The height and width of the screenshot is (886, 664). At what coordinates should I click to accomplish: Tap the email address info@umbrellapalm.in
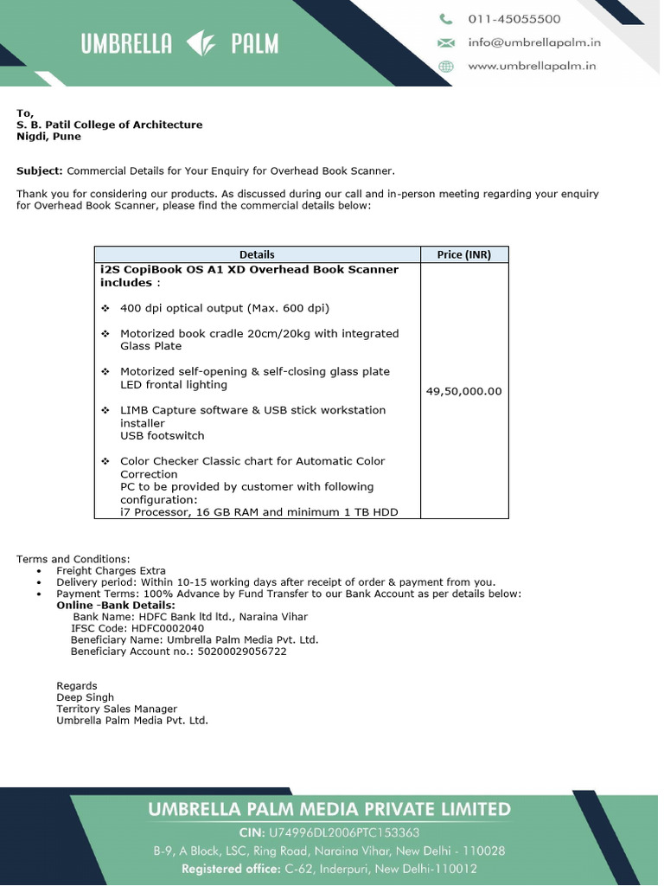[x=533, y=42]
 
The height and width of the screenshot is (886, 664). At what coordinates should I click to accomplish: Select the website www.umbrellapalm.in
[x=532, y=66]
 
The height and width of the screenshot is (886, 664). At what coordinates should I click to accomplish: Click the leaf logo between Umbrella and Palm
[x=201, y=44]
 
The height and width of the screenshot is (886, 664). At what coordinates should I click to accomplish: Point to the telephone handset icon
[x=446, y=19]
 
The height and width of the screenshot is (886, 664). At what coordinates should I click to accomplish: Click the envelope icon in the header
[x=446, y=42]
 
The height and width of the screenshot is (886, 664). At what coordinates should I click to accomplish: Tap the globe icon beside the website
[x=446, y=66]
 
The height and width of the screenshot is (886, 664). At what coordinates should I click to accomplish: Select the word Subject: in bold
[x=40, y=171]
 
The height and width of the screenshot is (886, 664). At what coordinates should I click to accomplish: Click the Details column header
[x=257, y=254]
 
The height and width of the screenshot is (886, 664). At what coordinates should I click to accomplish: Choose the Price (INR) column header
[x=463, y=254]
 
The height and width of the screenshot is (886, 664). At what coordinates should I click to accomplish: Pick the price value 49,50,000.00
[x=463, y=391]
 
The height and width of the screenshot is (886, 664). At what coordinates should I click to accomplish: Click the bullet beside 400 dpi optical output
[x=105, y=308]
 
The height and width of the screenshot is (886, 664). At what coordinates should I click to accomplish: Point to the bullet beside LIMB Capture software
[x=105, y=410]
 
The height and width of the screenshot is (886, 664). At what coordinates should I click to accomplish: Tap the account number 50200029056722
[x=242, y=652]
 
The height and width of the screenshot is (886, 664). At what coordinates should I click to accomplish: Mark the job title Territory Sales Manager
[x=117, y=709]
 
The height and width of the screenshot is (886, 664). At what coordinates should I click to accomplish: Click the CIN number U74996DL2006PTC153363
[x=344, y=832]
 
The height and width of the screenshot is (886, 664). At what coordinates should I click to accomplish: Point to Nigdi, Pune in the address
[x=49, y=137]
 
